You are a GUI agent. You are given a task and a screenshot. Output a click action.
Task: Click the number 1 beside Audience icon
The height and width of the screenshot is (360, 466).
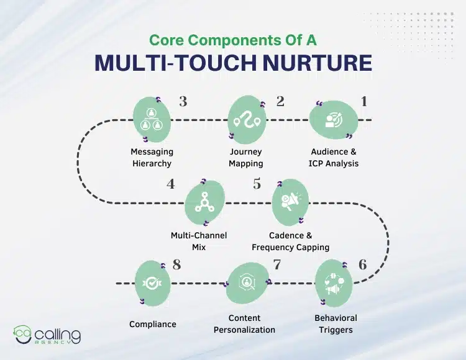(364, 101)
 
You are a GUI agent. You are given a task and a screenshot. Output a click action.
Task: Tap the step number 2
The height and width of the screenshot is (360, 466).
(280, 101)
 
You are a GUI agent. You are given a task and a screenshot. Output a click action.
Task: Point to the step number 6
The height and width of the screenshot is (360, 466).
(362, 264)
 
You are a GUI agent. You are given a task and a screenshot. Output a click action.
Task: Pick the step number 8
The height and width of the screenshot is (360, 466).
(176, 265)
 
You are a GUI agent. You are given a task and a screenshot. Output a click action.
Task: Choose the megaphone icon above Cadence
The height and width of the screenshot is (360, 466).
(291, 202)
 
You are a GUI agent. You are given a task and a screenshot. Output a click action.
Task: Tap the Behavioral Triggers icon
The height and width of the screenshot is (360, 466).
(335, 284)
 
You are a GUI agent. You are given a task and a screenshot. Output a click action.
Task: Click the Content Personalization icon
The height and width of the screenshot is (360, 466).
(248, 284)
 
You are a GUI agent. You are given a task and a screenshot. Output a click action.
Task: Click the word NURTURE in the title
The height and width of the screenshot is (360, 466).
(319, 64)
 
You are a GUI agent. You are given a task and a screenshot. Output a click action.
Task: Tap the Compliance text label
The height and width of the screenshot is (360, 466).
(153, 324)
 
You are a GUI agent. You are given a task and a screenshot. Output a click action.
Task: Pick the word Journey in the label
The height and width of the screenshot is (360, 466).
(246, 151)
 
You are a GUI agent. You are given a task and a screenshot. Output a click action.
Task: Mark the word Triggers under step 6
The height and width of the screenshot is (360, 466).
(335, 330)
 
